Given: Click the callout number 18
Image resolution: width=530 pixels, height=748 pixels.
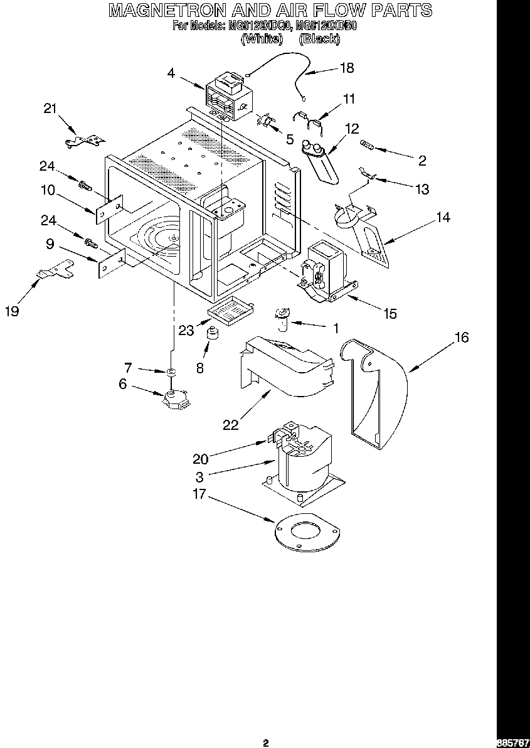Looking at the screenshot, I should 346,68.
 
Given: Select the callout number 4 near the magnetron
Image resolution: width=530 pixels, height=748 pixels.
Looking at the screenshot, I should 171,73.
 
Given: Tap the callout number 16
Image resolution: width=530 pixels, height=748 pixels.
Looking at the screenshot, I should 461,338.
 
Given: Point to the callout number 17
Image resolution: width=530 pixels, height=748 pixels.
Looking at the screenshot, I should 199,494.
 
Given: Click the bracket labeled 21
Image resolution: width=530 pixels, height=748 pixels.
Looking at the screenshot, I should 84,141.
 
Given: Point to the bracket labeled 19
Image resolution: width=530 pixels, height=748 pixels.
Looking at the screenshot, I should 55,271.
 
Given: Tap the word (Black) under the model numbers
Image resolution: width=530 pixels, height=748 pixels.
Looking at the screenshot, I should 319,39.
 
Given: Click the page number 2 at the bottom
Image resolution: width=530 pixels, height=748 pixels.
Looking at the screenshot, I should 265,743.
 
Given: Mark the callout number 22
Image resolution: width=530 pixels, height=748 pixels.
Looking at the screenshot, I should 231,425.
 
